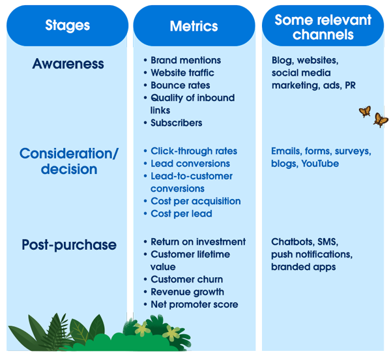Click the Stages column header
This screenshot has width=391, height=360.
coord(68,26)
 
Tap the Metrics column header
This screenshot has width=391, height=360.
coord(194,26)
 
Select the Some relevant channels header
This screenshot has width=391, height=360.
coord(323,27)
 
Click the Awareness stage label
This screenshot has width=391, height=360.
coord(68,64)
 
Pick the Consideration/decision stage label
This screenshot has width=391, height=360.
coord(68,161)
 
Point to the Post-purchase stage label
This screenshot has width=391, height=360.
coord(68,245)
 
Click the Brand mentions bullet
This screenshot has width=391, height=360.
coord(186,60)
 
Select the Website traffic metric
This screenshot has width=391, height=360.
coord(182,72)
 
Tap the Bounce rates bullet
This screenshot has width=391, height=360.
coord(180,85)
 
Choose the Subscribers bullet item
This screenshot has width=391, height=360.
coord(176,123)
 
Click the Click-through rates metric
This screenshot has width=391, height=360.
coord(194,151)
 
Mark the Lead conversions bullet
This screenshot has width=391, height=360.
coord(190,164)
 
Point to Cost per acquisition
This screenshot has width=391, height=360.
coord(195,201)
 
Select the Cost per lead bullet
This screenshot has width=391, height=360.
coord(181,213)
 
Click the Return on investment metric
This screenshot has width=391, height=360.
coord(198,242)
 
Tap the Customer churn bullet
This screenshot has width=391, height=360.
coord(186,279)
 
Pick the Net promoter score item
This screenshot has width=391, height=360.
coord(194,305)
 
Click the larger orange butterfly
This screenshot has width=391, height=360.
coord(381,119)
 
